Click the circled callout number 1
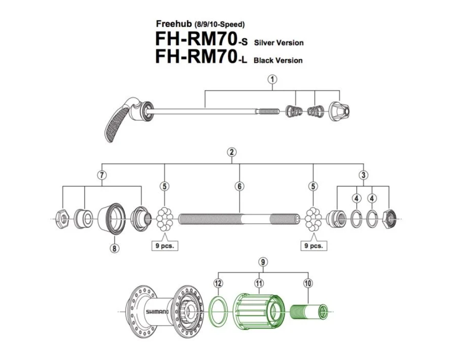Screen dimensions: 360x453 (273, 79)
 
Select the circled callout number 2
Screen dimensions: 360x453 (232, 152)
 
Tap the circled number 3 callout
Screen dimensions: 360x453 (363, 175)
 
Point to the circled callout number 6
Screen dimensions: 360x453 (239, 186)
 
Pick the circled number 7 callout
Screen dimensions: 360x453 (102, 175)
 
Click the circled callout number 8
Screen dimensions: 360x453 (114, 248)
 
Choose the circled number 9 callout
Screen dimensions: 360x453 (263, 262)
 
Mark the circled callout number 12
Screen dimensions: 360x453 (218, 282)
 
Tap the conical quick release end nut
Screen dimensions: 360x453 (338, 112)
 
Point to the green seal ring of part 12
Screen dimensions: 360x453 (219, 311)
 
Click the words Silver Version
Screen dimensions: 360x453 (279, 43)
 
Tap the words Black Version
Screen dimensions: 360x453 (278, 60)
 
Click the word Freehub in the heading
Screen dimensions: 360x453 (172, 24)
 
